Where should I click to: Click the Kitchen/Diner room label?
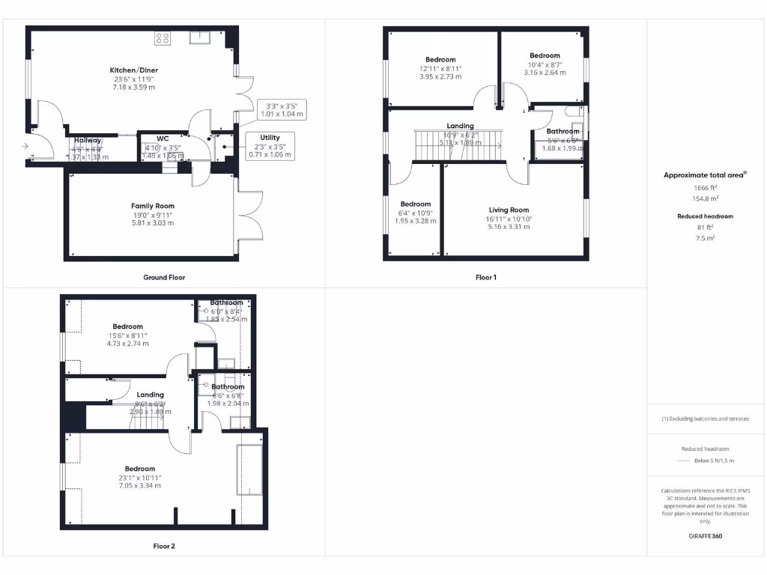135,70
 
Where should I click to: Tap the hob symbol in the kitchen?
162,38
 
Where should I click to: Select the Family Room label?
153,206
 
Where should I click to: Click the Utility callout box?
270,146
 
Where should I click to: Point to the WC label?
163,139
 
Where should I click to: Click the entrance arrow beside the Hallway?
26,147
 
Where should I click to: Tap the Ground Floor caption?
164,277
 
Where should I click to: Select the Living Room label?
509,210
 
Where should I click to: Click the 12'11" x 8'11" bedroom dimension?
440,68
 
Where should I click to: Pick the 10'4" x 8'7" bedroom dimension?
545,64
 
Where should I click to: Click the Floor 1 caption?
486,277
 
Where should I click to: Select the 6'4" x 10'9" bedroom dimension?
415,213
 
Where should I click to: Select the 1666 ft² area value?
705,189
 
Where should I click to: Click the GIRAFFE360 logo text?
705,536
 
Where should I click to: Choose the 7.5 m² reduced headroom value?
705,237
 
